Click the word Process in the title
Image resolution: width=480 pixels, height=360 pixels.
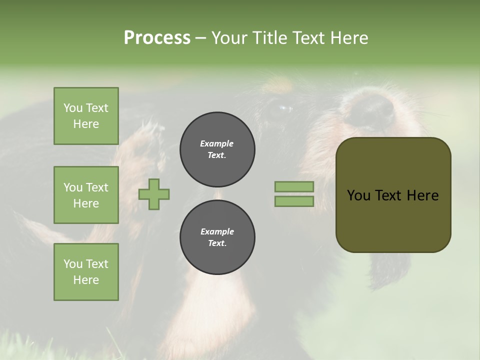point(157,38)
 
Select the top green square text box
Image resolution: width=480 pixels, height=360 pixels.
point(86,116)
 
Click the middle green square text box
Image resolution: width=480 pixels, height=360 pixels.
point(86,195)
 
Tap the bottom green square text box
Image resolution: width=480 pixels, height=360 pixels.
point(86,272)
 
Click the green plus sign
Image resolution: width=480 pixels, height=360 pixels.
point(154,194)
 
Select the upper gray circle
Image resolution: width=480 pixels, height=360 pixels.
point(217,149)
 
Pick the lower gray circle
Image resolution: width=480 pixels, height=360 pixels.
point(217,237)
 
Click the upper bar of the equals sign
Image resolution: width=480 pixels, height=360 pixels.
point(294,187)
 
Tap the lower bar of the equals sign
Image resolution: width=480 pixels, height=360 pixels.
point(294,201)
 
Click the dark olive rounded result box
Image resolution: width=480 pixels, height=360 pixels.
point(393,220)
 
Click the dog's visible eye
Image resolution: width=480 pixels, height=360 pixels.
point(283,108)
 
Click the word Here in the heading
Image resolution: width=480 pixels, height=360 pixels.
point(349,38)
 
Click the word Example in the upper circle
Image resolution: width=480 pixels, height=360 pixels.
point(217,143)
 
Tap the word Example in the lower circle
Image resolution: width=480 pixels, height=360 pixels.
point(217,231)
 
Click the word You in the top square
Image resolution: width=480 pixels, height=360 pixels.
point(73,108)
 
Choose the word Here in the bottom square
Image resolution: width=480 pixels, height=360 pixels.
point(86,280)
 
